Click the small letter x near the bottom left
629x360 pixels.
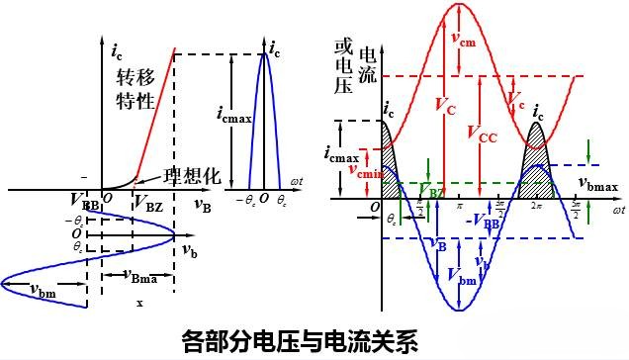pyautogui.click(x=139, y=303)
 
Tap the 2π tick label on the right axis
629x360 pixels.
pyautogui.click(x=537, y=208)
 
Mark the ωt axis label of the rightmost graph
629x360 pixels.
pyautogui.click(x=617, y=210)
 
